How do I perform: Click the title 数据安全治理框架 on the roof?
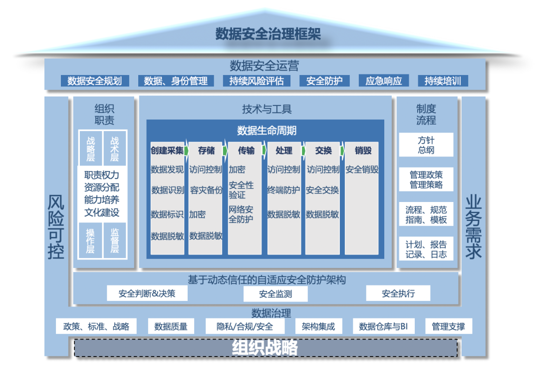pyautogui.click(x=268, y=34)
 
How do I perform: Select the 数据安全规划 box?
pyautogui.click(x=95, y=81)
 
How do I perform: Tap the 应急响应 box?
pyautogui.click(x=384, y=81)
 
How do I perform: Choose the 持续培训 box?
pyautogui.click(x=443, y=81)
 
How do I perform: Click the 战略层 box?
pyautogui.click(x=91, y=148)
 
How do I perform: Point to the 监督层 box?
pyautogui.click(x=114, y=240)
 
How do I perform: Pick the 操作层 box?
pyautogui.click(x=90, y=240)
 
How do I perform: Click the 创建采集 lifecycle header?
pyautogui.click(x=167, y=150)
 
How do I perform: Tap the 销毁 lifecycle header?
pyautogui.click(x=363, y=150)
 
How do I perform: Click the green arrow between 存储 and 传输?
pyautogui.click(x=225, y=150)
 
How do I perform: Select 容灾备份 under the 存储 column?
pyautogui.click(x=206, y=190)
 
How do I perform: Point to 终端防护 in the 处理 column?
pyautogui.click(x=283, y=190)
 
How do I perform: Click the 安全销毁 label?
pyautogui.click(x=362, y=169)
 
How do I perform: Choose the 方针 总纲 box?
pyautogui.click(x=426, y=145)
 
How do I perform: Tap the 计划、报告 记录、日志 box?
pyautogui.click(x=426, y=249)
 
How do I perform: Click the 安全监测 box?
pyautogui.click(x=275, y=294)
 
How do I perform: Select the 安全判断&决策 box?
pyautogui.click(x=147, y=293)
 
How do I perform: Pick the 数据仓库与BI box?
pyautogui.click(x=383, y=326)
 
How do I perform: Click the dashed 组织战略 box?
pyautogui.click(x=266, y=348)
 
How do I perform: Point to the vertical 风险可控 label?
pyautogui.click(x=56, y=227)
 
